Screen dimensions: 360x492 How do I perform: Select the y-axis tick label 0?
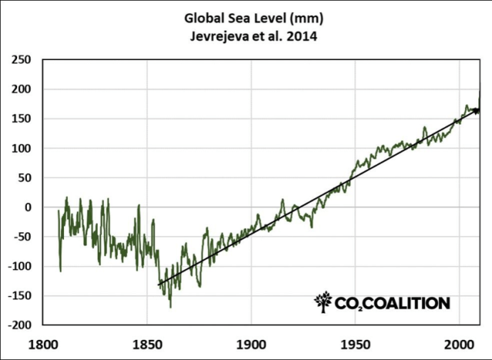(x=27, y=207)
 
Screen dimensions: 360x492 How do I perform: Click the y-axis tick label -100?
(x=18, y=266)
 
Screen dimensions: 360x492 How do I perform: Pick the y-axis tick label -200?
(x=18, y=325)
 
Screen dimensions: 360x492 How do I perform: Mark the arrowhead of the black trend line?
(x=477, y=111)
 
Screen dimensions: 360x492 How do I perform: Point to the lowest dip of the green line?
(x=170, y=307)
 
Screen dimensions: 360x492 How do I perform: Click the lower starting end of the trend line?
(x=159, y=285)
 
